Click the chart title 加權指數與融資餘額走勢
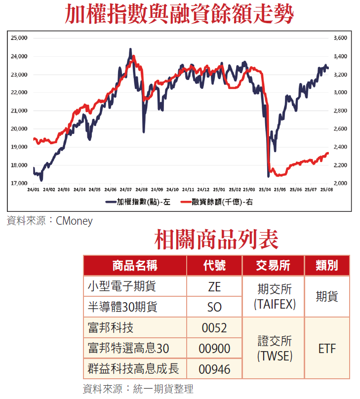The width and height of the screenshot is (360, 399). coord(180,15)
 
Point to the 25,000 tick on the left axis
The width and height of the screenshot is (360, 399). coord(19,38)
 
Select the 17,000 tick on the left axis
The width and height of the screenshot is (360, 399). coord(19,183)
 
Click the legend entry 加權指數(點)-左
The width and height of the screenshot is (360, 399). coord(140,201)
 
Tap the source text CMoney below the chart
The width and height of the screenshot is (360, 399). coord(74,221)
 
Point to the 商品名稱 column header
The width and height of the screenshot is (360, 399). coord(135,266)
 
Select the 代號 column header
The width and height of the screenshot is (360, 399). coord(214,266)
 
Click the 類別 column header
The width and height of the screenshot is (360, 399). coord(327,266)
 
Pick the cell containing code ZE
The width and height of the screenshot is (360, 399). coord(214,286)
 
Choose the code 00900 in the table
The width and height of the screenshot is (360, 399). coord(214,349)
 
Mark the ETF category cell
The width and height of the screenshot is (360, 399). coord(327,349)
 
